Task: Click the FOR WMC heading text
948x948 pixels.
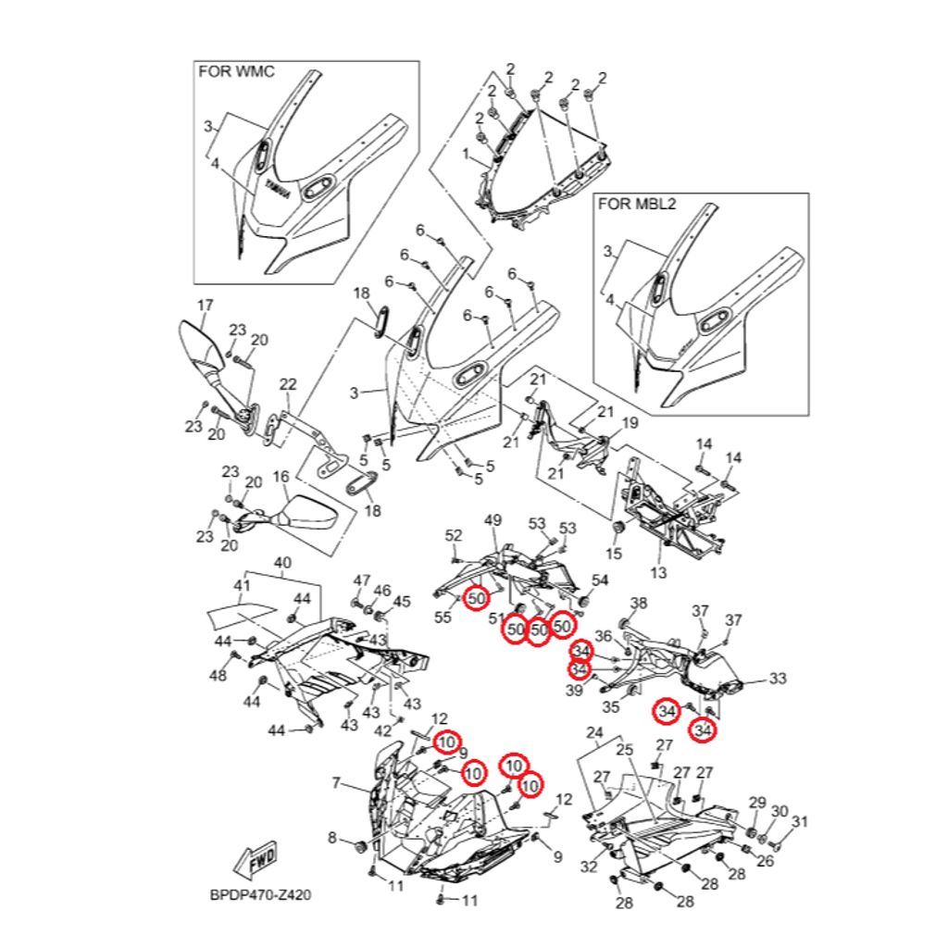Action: (236, 72)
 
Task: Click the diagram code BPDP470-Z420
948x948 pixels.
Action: (255, 897)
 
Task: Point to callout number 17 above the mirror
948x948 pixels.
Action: (206, 306)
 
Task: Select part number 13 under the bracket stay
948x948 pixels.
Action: (658, 572)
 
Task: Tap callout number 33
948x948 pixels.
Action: (777, 679)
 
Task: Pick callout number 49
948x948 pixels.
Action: (493, 520)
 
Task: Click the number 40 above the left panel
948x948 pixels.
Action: (283, 562)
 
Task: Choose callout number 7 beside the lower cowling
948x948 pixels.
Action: (336, 784)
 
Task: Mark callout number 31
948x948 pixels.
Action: (800, 821)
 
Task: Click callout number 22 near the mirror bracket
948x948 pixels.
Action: (288, 384)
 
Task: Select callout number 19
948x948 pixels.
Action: (630, 423)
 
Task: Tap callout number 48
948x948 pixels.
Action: (218, 676)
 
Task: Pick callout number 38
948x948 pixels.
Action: (638, 605)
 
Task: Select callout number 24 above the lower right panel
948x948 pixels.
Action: (593, 733)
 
